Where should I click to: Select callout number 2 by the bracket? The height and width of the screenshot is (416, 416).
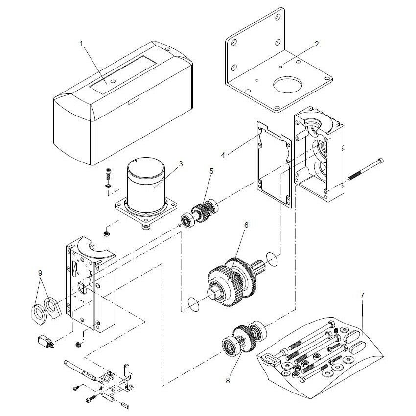click(x=317, y=44)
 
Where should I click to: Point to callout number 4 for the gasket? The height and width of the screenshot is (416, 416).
click(x=223, y=155)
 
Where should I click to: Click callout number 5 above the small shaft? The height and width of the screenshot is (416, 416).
click(x=211, y=171)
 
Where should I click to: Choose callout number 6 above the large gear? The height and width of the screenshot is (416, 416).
click(x=246, y=225)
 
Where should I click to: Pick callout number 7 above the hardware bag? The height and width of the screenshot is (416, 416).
click(x=362, y=296)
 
